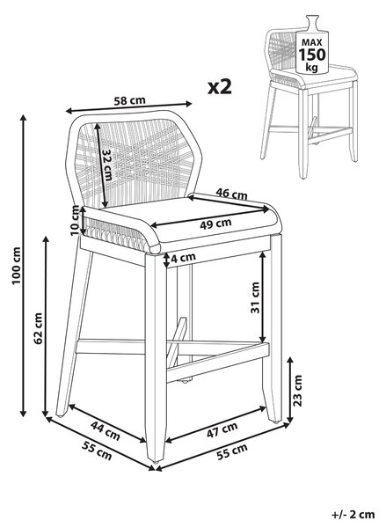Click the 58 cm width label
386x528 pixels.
click(129, 100)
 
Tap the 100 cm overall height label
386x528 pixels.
click(16, 266)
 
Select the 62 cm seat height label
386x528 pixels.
click(38, 328)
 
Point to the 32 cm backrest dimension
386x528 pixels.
click(108, 165)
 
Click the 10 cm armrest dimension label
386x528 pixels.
click(76, 220)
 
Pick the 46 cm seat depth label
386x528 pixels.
click(231, 194)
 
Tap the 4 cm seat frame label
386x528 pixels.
click(184, 258)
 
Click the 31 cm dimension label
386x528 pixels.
click(255, 297)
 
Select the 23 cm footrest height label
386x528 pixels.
click(298, 391)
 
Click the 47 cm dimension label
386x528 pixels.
click(222, 430)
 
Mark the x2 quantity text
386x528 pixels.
click(220, 87)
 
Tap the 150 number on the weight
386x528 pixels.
click(312, 55)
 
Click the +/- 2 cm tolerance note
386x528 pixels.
click(353, 515)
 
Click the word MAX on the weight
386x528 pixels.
click(312, 42)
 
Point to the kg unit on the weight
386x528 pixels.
click(311, 67)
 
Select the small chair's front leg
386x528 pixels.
click(304, 134)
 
